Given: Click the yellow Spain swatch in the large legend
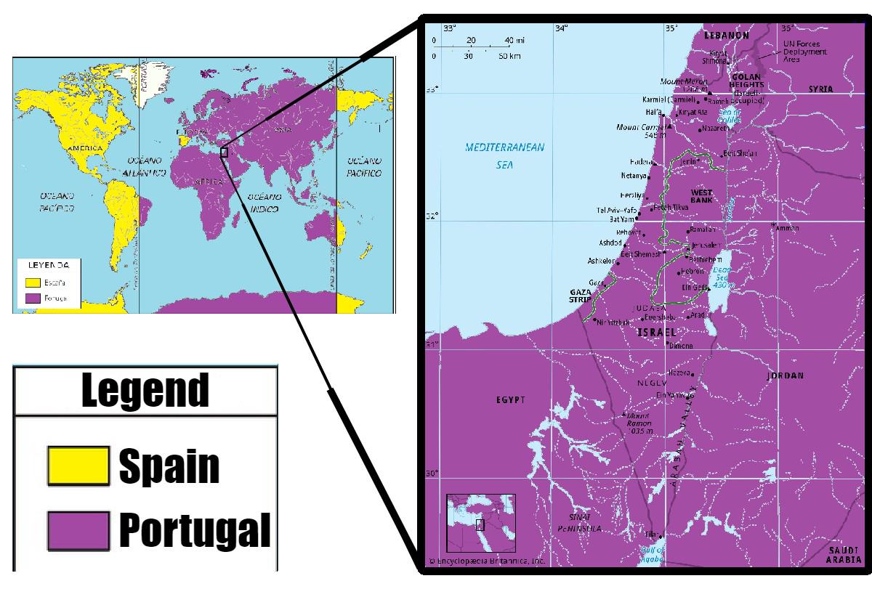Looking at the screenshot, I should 78,466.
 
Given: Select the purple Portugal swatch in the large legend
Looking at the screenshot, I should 78,530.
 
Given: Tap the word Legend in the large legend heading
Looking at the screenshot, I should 145,391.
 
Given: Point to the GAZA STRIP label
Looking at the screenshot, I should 582,293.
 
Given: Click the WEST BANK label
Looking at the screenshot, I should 702,195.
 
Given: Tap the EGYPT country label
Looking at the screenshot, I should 512,400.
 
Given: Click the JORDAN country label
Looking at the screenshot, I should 786,376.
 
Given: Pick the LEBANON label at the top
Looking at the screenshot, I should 726,35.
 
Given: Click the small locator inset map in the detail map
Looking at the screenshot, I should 480,523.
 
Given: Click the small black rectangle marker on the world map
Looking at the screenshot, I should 224,153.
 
